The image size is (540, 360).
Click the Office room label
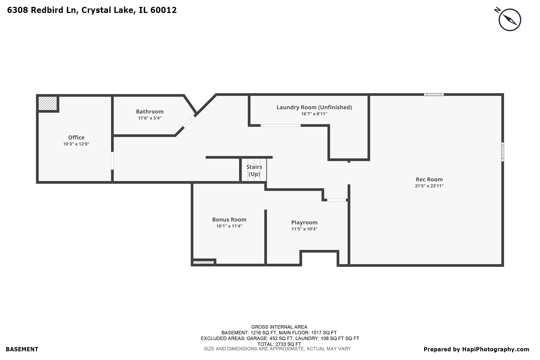tap(76, 137)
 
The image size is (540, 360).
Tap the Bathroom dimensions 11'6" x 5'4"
tap(150, 118)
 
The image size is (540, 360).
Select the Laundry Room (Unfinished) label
tap(314, 107)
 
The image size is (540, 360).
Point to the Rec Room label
tap(429, 179)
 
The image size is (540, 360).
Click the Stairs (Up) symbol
tap(254, 170)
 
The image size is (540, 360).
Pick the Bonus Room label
tap(229, 219)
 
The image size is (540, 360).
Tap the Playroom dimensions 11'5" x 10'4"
tap(304, 229)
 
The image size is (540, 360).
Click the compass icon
tap(509, 20)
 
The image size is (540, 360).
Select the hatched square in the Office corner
tap(48, 103)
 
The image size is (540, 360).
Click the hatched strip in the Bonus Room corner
tap(203, 262)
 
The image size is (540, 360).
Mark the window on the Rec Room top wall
tap(434, 94)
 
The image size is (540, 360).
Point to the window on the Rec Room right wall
tap(503, 152)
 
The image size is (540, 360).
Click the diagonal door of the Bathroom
tap(189, 122)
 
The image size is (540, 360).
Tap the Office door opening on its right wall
tap(112, 161)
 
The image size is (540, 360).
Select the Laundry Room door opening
tap(281, 126)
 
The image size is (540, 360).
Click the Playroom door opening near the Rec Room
tap(336, 200)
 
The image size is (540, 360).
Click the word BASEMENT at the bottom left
tap(22, 349)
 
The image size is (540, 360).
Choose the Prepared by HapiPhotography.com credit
tap(476, 349)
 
